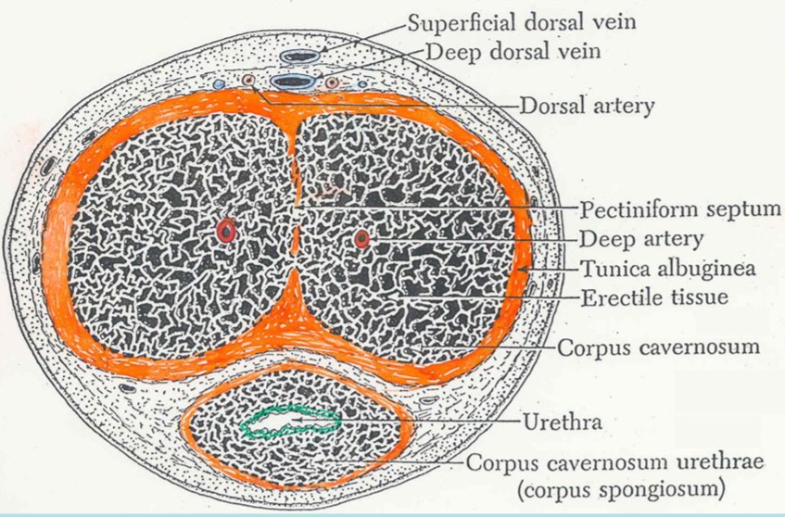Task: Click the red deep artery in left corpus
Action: coord(226,231)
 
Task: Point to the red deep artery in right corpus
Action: coord(362,240)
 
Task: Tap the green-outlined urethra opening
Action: coord(287,423)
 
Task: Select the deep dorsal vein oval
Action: coord(294,82)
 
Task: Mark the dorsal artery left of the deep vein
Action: coord(248,82)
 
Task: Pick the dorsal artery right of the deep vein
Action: coord(332,83)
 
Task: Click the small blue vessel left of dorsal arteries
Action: coord(219,84)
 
